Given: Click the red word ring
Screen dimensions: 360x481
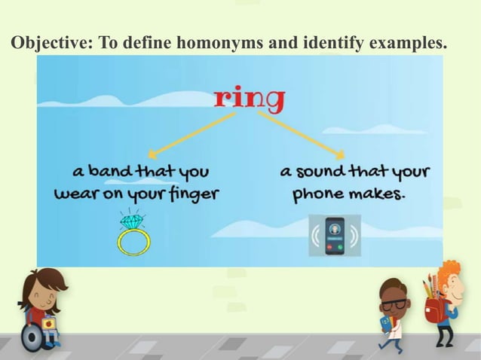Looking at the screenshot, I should tap(250, 98).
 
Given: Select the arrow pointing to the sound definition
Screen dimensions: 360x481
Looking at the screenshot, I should tap(302, 134).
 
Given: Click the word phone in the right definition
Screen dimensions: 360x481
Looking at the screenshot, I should tap(318, 194).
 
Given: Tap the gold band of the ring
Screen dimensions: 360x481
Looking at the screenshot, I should tap(133, 243).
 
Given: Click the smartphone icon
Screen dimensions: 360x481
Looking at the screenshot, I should tap(335, 235).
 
